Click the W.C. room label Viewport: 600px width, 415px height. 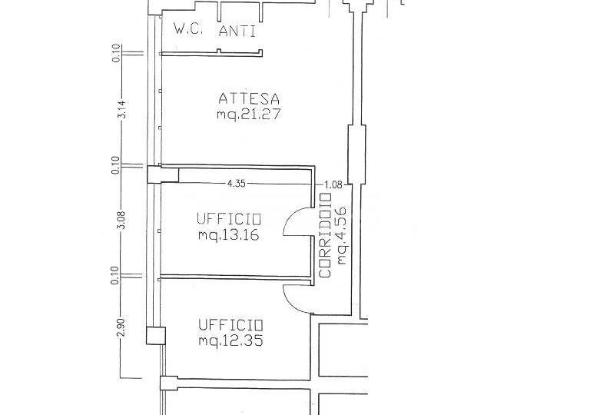(187, 28)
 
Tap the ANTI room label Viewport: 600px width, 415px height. (237, 31)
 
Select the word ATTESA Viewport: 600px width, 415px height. (249, 99)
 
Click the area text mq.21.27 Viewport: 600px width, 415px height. (249, 114)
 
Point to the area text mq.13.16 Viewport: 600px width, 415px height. (228, 234)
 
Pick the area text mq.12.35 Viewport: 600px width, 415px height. (230, 340)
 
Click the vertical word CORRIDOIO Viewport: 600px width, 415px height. (325, 235)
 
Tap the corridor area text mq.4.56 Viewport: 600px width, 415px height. (341, 235)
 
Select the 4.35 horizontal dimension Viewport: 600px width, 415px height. (236, 184)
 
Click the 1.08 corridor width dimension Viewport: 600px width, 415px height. (333, 185)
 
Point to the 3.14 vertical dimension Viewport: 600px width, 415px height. (122, 109)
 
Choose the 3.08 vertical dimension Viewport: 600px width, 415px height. (121, 220)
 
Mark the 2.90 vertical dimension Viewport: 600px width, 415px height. (121, 327)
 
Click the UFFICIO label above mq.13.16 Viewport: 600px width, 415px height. (229, 219)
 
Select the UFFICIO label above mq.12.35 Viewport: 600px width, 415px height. (230, 325)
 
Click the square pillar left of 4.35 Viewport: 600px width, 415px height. (163, 174)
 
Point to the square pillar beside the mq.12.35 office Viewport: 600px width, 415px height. (156, 335)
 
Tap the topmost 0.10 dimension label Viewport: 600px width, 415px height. (116, 53)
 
